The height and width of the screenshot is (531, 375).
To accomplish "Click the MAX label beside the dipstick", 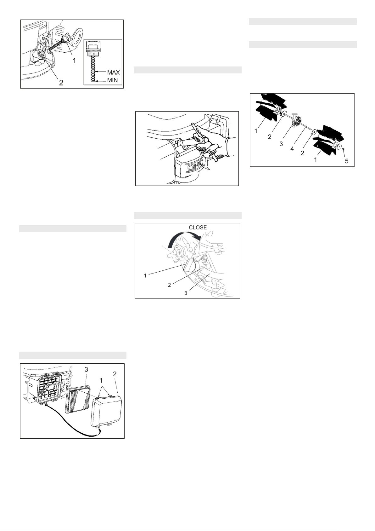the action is pos(114,72).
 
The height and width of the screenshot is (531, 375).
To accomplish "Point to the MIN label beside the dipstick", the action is pos(112,80).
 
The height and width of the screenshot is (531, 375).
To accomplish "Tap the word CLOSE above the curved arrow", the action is pos(198,228).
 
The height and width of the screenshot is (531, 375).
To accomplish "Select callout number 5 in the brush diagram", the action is pos(347,161).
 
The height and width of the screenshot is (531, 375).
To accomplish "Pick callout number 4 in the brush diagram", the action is pos(292,149).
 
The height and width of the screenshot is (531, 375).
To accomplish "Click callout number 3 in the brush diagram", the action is pos(281,144).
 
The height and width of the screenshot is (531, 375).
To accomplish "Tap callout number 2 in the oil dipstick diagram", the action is pos(61,83).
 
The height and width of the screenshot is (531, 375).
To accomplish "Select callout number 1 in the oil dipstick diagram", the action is pos(74,61).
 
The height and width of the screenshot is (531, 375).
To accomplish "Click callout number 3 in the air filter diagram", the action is pos(86,369).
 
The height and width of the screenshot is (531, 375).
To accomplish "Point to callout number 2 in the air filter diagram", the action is pos(115,374).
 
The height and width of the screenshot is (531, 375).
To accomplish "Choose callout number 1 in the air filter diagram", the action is pos(101,380).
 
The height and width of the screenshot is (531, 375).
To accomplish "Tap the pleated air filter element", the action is pos(78,399).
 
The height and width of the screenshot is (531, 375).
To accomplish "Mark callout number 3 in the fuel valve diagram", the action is pos(186,293).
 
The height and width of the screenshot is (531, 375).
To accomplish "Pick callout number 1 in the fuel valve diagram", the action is pos(145,275).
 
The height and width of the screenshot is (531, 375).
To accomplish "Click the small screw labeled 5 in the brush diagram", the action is pos(343,149).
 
